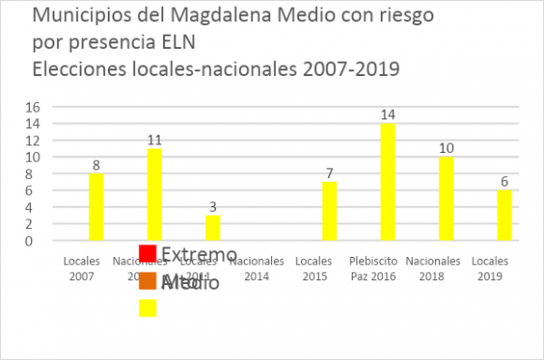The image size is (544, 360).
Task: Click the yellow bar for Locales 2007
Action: click(96, 207)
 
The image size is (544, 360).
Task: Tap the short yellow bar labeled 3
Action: click(213, 228)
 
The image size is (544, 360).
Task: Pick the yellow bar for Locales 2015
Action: click(329, 211)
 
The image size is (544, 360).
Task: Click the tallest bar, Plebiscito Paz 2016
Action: click(387, 182)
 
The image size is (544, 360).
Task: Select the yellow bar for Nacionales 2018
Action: click(446, 199)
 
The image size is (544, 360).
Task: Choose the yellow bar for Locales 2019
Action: click(504, 216)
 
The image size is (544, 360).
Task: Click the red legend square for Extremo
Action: click(147, 254)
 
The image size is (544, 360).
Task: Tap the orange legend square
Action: click(147, 281)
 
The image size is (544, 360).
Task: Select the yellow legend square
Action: click(147, 307)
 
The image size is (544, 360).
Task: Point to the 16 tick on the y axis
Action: click(32, 107)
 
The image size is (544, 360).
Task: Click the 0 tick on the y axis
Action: click(36, 241)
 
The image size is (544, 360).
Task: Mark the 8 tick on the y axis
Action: click(36, 174)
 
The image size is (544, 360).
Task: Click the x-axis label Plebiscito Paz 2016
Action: click(387, 269)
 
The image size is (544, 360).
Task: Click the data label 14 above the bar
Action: click(387, 114)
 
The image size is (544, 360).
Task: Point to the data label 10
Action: click(446, 148)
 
